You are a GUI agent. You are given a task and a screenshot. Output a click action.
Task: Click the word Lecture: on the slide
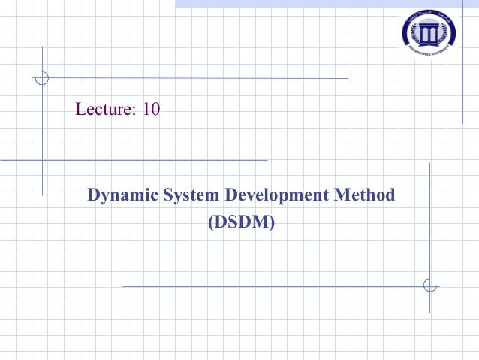click(x=105, y=110)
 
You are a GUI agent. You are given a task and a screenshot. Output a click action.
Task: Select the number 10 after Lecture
click(x=151, y=110)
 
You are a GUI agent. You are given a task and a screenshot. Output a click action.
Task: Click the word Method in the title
click(x=364, y=196)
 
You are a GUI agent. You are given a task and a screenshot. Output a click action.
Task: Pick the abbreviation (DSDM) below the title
click(x=240, y=222)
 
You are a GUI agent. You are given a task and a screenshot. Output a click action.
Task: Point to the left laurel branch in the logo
click(x=410, y=33)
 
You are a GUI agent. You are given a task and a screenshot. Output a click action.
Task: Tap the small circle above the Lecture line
click(x=43, y=77)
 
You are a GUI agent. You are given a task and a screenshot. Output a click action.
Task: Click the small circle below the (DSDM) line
click(x=429, y=286)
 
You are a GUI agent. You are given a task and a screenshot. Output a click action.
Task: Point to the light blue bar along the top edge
click(x=327, y=4)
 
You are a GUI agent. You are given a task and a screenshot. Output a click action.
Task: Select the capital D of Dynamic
click(x=94, y=196)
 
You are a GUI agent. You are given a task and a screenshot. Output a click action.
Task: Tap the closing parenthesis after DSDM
click(x=272, y=222)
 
